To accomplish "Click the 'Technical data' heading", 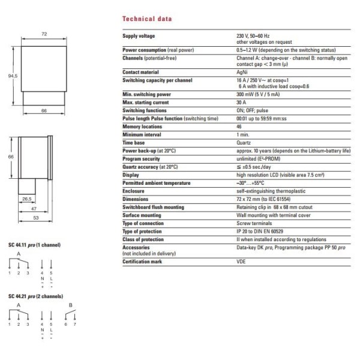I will click(x=146, y=19).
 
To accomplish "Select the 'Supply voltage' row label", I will click(x=139, y=37).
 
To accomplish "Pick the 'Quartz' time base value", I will click(x=244, y=143).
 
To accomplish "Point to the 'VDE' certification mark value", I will click(x=241, y=262).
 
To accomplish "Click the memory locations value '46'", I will click(x=239, y=127).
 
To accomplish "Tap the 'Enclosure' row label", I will click(x=134, y=191).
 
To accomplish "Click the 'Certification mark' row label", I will click(x=143, y=262).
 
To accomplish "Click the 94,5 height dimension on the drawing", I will click(x=10, y=77).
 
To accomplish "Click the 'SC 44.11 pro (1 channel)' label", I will click(x=34, y=246).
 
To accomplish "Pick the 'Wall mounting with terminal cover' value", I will click(x=272, y=215).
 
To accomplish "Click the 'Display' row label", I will click(x=131, y=175).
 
